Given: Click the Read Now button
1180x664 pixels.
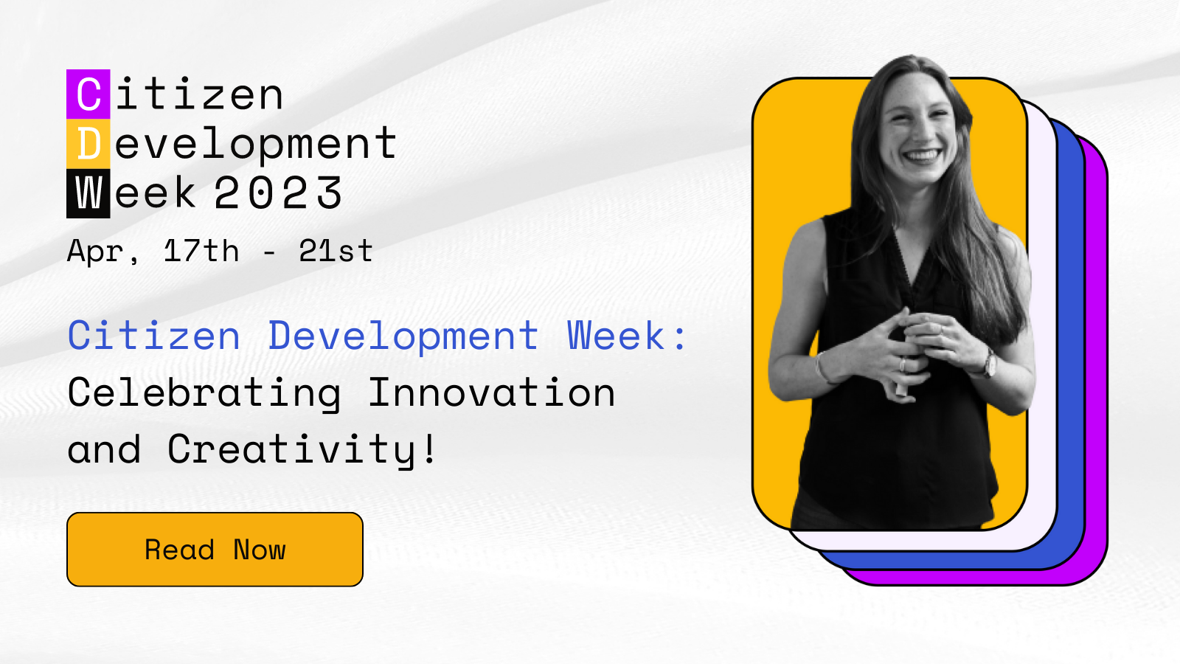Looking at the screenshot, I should coord(215,550).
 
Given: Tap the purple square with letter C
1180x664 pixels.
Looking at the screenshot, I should coord(88,94).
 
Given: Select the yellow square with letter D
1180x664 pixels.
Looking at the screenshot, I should coord(88,144).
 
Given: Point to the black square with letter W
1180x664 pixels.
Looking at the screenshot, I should coord(88,193).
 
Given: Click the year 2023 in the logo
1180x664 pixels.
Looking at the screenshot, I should coord(278,193).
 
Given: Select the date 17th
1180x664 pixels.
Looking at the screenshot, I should coord(201,252).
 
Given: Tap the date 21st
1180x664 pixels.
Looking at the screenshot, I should coord(336,252).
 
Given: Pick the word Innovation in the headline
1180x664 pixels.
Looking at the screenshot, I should coord(491,392).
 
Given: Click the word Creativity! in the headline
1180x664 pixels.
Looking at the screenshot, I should coord(302,449).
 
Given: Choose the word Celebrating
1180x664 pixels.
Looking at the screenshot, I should coord(204,392).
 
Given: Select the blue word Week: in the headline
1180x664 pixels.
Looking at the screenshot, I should coord(627,336).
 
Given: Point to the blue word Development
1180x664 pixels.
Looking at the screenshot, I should coord(403,336).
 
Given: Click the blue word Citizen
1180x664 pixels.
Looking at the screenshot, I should coord(154,336).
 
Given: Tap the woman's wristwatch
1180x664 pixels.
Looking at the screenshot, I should coord(989,363).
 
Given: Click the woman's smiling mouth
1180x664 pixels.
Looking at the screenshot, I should coord(921,156).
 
